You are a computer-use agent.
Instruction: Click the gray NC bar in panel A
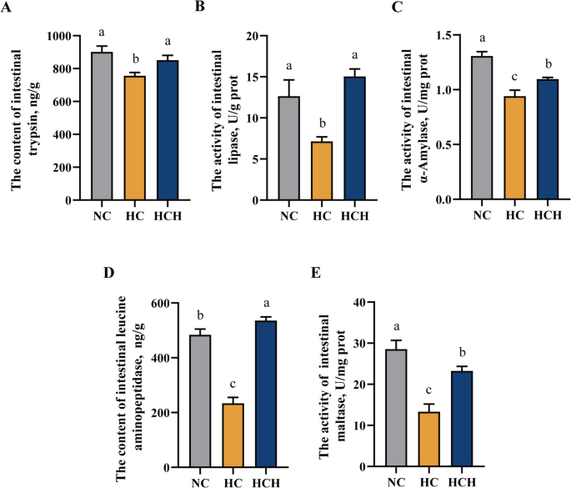[x=101, y=126]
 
